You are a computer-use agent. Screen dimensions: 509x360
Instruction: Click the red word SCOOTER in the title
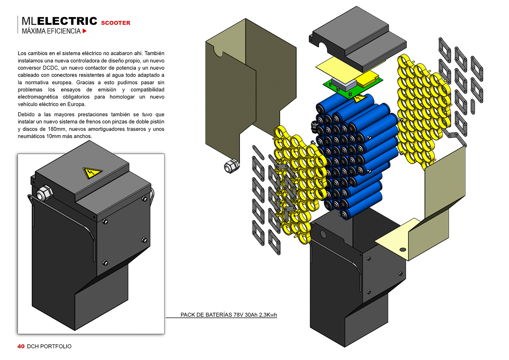pyautogui.click(x=116, y=23)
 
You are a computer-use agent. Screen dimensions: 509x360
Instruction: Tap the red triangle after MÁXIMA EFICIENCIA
pyautogui.click(x=84, y=31)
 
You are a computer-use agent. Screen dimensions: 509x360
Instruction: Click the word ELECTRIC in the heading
pyautogui.click(x=67, y=21)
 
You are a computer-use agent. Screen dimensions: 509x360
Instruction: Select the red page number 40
pyautogui.click(x=21, y=346)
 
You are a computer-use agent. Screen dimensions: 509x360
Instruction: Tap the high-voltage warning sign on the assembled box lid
pyautogui.click(x=92, y=173)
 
